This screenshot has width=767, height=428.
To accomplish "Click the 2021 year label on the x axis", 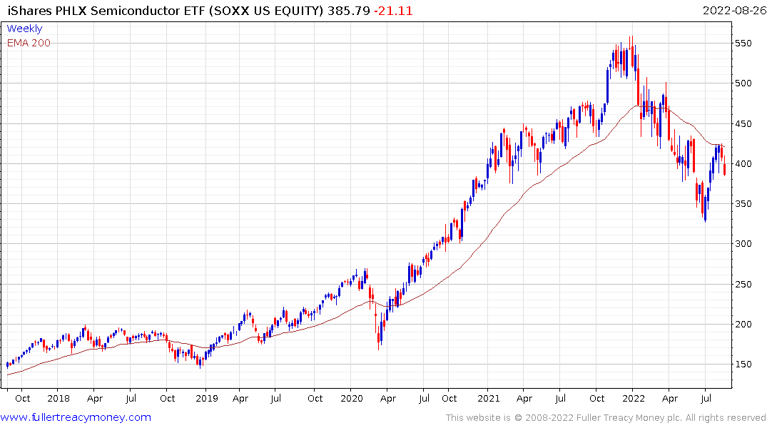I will (489, 399).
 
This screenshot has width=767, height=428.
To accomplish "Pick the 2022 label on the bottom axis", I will (634, 399).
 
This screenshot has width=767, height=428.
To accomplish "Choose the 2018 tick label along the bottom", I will (58, 399).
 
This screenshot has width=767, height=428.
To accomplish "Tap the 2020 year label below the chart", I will (351, 399).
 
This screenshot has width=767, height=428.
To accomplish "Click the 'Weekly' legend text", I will (24, 29).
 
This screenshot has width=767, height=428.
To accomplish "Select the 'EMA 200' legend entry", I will (29, 43).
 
